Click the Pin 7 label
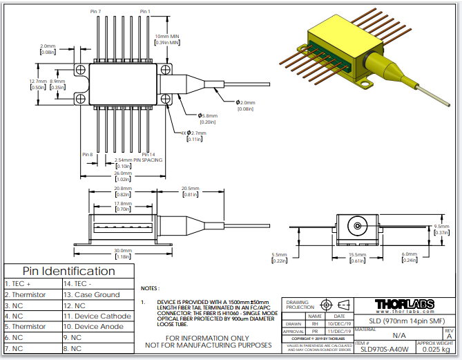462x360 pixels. point(95,12)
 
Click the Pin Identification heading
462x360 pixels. point(69,271)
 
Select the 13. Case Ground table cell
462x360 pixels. point(91,294)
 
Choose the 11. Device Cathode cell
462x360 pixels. point(97,316)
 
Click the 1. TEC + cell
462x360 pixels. point(19,283)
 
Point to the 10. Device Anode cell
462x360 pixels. point(94,327)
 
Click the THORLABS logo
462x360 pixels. point(404,304)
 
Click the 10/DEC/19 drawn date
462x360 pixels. point(340,323)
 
